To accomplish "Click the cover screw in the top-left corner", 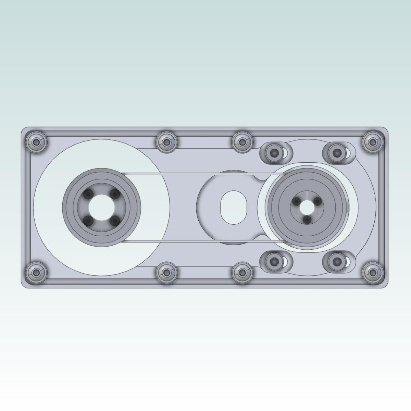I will tap(36, 141).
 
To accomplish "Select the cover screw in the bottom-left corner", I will tap(36, 272).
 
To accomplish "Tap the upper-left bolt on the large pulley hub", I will tap(89, 194).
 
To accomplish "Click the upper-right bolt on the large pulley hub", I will tap(115, 194).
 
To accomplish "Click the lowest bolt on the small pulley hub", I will tap(307, 218).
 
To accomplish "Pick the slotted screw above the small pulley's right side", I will tap(335, 151).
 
